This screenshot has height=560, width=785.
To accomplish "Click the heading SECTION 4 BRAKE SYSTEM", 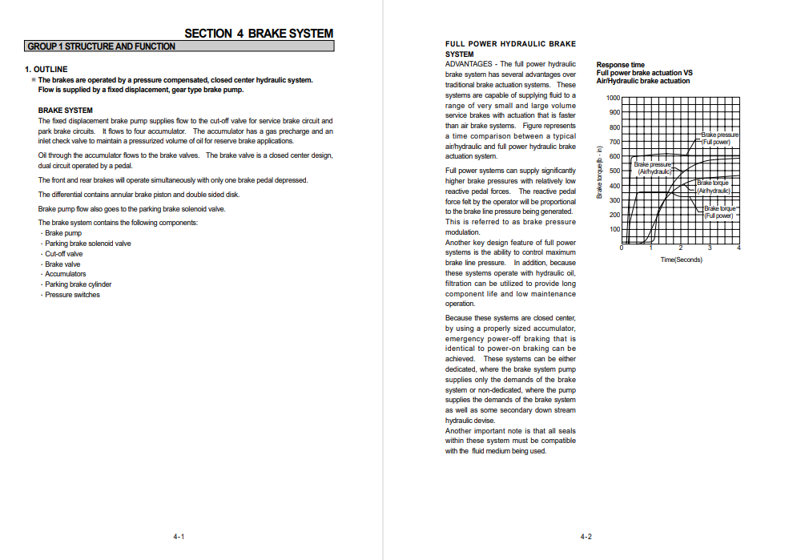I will click(x=259, y=34).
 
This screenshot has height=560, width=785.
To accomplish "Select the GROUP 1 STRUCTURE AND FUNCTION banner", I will click(x=101, y=46).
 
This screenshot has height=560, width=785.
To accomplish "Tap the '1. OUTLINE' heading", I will click(x=46, y=70).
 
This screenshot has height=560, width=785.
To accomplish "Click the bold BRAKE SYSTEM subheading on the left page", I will click(x=66, y=111).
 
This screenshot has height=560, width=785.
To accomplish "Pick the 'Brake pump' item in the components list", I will click(x=63, y=233).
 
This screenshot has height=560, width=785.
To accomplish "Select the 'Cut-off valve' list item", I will click(x=64, y=254).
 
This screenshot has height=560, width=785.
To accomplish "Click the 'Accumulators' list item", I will click(x=66, y=274).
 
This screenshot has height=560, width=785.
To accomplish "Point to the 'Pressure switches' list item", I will click(x=72, y=295).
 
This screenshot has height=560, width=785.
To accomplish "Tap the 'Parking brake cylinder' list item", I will click(x=78, y=284).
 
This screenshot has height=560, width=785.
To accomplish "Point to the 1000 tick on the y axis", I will click(x=613, y=98).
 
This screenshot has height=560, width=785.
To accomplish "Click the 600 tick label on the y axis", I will click(x=614, y=156).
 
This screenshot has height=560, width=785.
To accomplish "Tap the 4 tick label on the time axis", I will click(x=739, y=248).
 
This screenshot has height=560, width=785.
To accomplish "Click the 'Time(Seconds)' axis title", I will click(x=681, y=260).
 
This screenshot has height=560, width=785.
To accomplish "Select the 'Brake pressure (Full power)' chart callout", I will click(x=720, y=139).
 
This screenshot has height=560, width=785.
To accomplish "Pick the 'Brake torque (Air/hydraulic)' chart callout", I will click(x=714, y=187).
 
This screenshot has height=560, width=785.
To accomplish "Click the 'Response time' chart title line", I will click(x=621, y=65).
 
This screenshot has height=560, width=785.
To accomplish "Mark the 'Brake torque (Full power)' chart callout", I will click(x=719, y=212).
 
